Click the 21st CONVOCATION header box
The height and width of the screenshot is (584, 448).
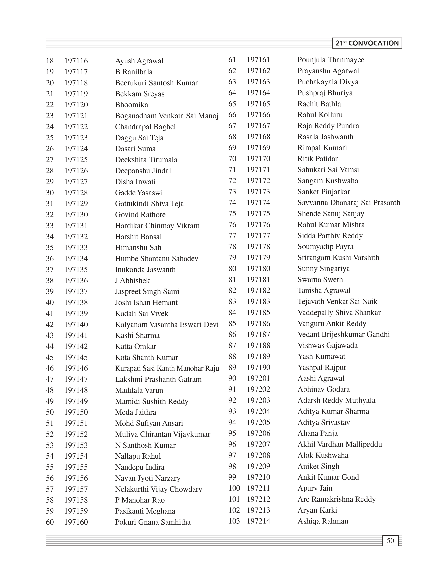(x=367, y=43)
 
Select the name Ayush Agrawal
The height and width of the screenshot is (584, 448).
(x=139, y=61)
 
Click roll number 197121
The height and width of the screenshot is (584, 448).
(x=76, y=116)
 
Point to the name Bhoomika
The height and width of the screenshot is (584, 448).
(x=132, y=105)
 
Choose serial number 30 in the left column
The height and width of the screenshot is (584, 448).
(x=50, y=193)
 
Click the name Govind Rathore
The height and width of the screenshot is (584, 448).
(x=140, y=215)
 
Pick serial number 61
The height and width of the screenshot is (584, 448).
(x=232, y=60)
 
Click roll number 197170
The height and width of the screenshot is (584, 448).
(x=258, y=159)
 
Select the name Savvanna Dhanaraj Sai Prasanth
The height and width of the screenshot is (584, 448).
(x=349, y=203)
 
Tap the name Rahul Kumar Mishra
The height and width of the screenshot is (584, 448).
(x=331, y=224)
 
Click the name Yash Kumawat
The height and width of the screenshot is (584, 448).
(x=321, y=356)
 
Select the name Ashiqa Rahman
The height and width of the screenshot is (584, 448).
(x=323, y=521)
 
